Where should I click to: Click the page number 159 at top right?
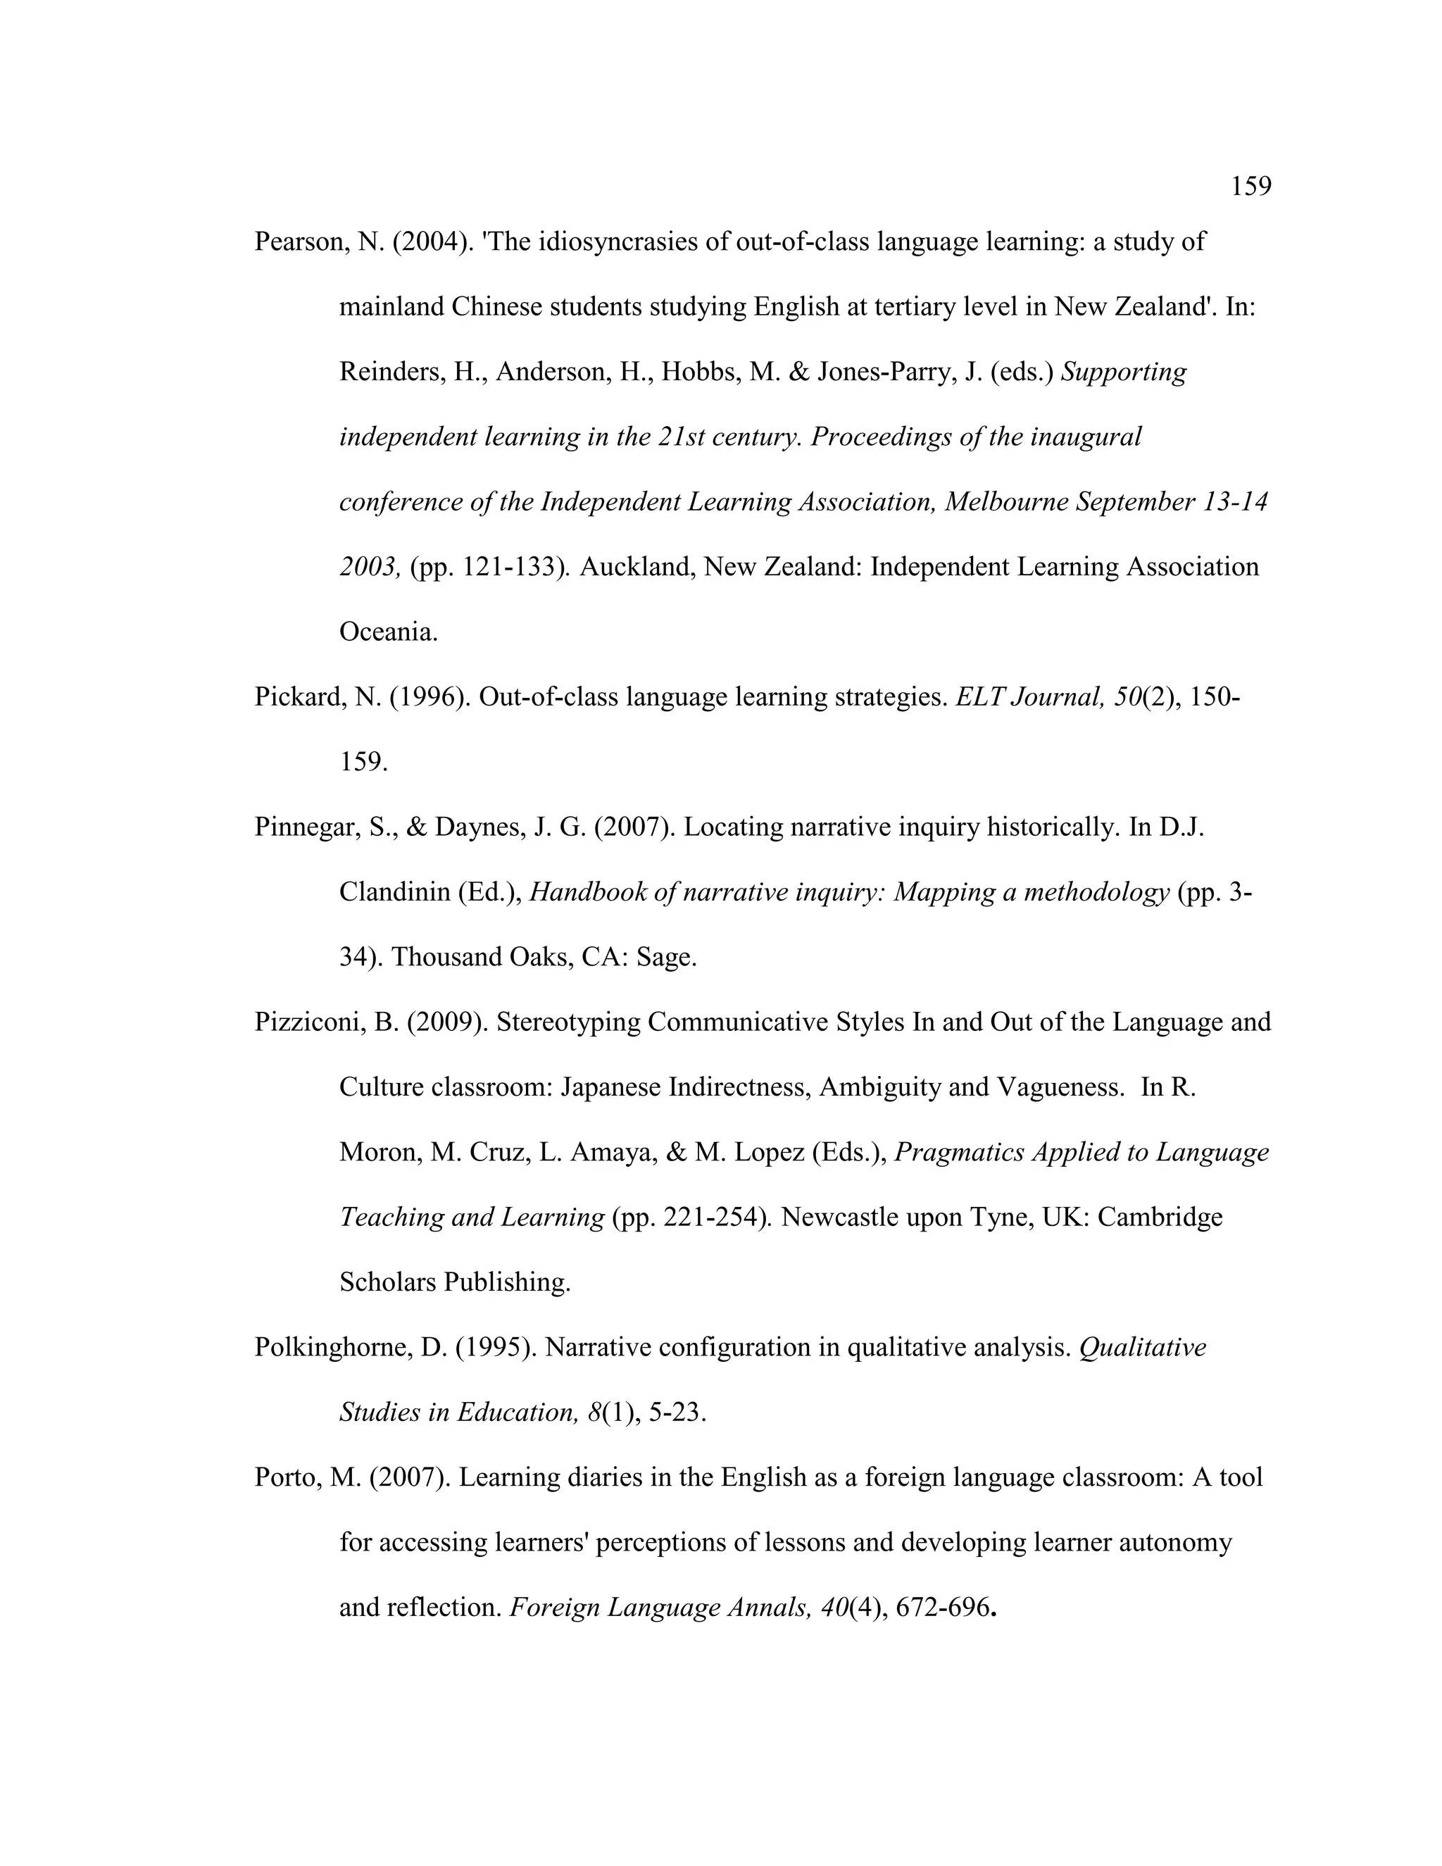tap(1250, 187)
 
